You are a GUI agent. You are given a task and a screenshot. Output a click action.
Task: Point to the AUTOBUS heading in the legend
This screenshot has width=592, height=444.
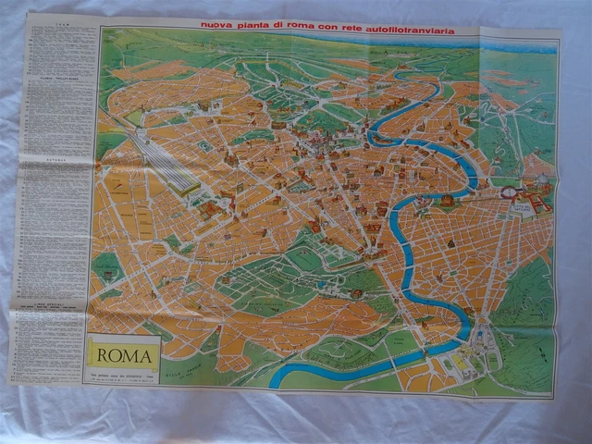point(61,160)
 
